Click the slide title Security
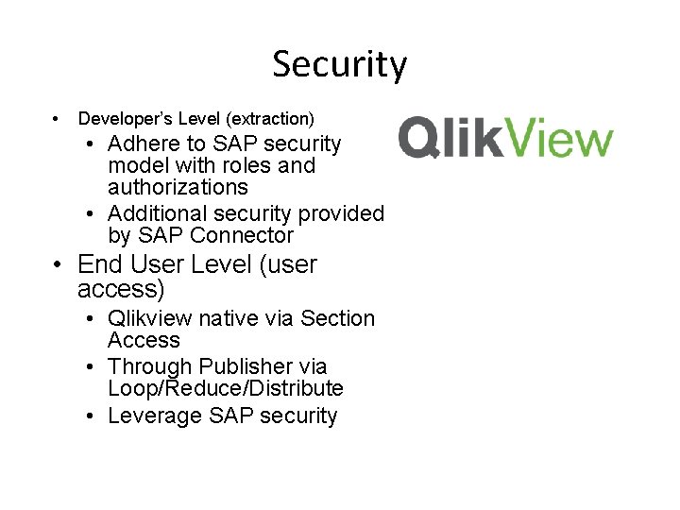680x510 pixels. coord(339,65)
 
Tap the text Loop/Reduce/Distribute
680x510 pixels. coord(226,388)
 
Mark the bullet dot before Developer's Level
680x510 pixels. coord(57,119)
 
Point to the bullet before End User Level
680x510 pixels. coord(59,265)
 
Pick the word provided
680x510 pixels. coord(342,214)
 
